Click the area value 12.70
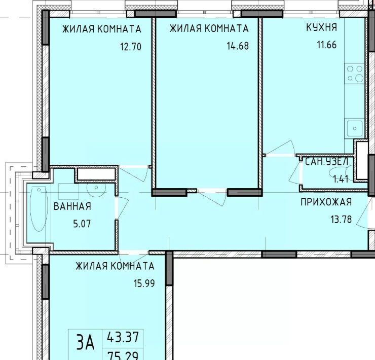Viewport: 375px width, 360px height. point(131,47)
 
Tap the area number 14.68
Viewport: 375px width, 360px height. point(238,46)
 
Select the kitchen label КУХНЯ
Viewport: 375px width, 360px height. point(322,27)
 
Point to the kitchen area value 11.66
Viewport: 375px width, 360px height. point(327,45)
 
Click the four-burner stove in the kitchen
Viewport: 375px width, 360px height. point(354,74)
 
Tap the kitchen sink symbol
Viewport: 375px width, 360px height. point(355,128)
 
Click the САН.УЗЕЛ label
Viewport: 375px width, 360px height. point(327,162)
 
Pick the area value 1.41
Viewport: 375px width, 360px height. point(341,179)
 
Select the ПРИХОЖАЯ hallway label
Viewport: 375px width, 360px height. point(326,202)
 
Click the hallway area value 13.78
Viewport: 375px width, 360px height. point(341,219)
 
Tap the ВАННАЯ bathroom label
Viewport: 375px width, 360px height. point(72,206)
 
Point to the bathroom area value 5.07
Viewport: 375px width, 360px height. point(82,224)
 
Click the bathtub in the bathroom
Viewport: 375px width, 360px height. point(39,209)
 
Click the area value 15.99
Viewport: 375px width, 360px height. point(144,283)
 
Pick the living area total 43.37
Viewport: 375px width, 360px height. point(123,337)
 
